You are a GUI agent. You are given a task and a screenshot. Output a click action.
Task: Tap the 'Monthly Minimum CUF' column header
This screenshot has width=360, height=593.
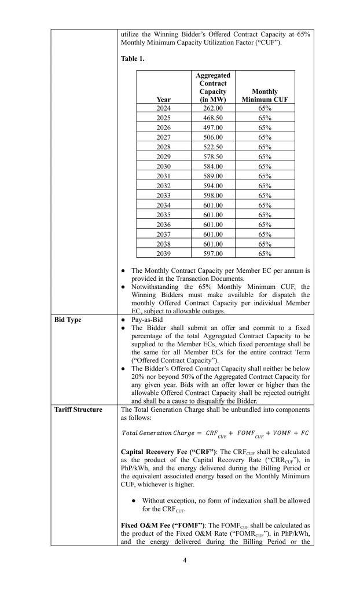click(265, 95)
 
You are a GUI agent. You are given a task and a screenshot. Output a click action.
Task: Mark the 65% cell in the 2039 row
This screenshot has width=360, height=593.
click(265, 253)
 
